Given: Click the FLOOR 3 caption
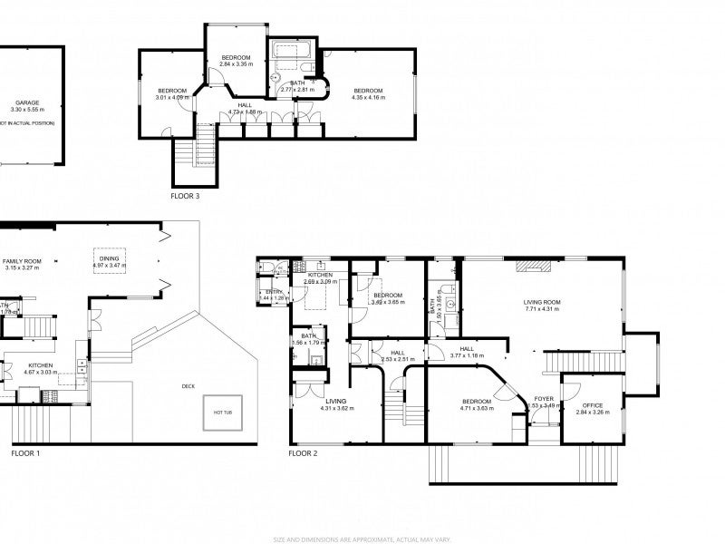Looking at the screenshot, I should point(185,195).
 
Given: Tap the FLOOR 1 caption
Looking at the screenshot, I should point(25,452).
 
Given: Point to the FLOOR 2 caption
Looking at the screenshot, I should point(304,452).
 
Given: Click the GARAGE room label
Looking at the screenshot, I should point(27,104).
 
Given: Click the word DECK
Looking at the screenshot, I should point(188,386).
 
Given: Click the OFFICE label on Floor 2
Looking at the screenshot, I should point(593,405).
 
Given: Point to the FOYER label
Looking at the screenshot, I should point(544,398).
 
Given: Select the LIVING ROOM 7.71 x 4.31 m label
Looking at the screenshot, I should point(541,306).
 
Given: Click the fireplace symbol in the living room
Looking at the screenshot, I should point(534,267).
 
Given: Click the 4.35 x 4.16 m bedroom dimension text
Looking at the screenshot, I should point(369,97).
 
